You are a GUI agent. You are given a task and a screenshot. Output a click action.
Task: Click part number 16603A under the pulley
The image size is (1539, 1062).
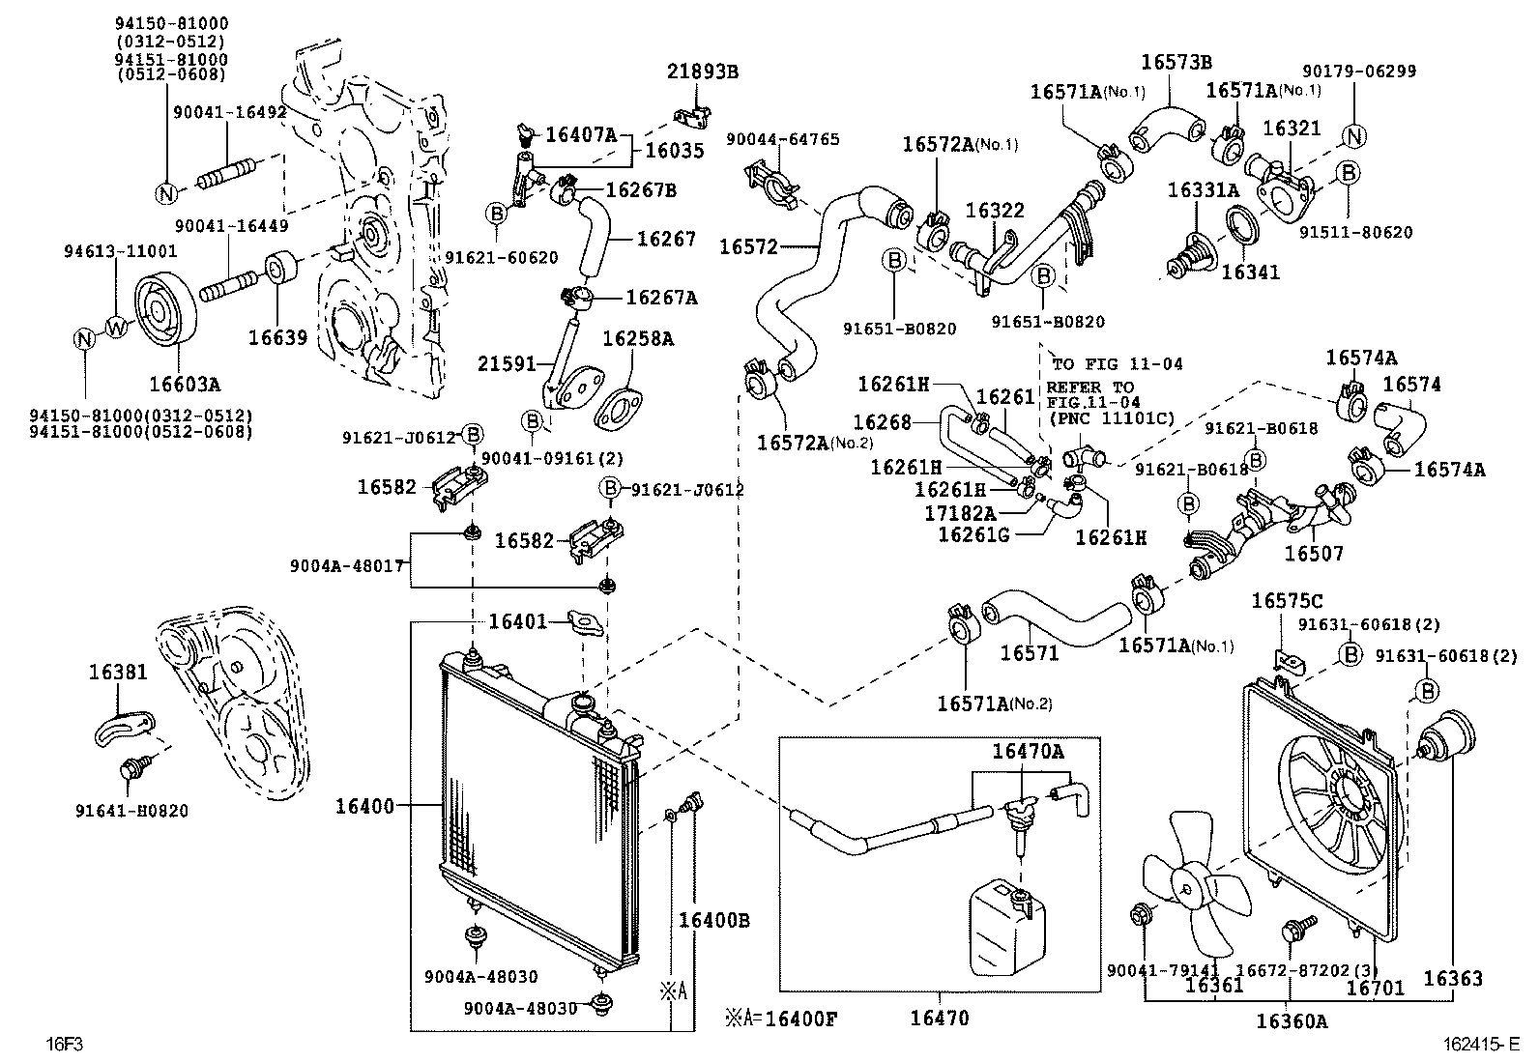click(184, 385)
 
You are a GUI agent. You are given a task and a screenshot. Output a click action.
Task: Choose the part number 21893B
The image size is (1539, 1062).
click(703, 72)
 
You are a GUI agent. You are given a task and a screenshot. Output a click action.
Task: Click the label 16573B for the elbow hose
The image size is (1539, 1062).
click(1176, 62)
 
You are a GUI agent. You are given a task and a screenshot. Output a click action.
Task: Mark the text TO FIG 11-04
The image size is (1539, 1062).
click(1117, 364)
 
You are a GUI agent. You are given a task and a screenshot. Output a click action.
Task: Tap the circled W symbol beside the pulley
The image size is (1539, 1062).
click(116, 329)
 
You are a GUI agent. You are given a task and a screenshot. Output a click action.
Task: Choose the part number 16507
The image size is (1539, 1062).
click(1312, 554)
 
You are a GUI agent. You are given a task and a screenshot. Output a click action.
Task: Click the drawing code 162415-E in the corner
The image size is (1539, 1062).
click(1480, 1044)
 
